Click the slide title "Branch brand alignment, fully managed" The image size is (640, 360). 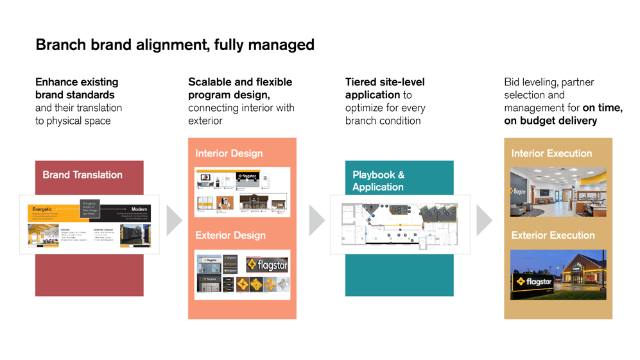175,45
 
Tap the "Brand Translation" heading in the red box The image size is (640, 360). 82,175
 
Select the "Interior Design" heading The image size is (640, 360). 229,153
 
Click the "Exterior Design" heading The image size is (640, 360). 230,236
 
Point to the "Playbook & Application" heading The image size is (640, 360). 378,180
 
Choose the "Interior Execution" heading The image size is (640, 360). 551,153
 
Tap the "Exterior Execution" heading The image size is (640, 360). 553,236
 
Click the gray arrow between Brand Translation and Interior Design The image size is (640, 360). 173,221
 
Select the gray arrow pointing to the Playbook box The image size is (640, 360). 316,221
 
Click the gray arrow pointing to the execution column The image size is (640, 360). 484,221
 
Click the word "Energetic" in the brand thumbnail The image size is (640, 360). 42,209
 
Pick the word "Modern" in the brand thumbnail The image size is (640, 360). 139,209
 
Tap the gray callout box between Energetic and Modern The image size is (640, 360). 90,209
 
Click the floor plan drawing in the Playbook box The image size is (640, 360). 399,225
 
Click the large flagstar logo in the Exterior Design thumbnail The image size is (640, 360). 268,264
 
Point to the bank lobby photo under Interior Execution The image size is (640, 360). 557,192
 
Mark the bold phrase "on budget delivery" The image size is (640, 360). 550,121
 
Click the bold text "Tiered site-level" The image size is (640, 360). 385,82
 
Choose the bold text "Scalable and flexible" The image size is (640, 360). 239,82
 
